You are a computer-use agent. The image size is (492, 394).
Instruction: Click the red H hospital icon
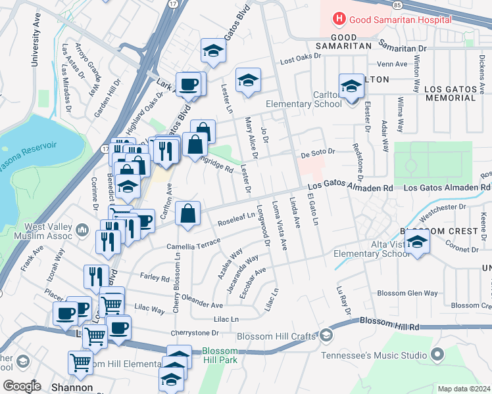(x=339, y=20)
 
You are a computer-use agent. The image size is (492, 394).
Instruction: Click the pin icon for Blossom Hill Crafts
(x=327, y=336)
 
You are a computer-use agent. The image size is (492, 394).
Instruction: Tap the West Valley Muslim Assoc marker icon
(x=82, y=230)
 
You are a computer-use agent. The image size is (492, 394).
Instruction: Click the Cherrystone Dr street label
(x=195, y=333)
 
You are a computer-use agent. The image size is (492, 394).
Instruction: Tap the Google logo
(x=22, y=387)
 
